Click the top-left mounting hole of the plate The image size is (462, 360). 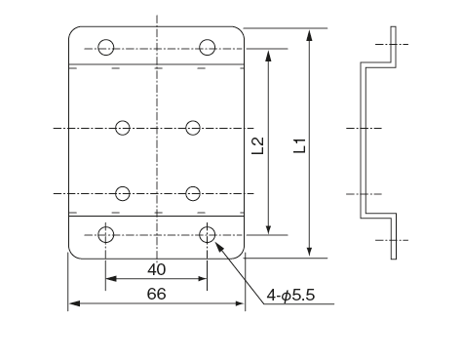pyautogui.click(x=106, y=47)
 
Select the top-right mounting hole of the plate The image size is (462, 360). pyautogui.click(x=207, y=47)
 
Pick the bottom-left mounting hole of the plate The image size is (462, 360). pyautogui.click(x=106, y=233)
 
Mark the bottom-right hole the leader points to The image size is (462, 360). pyautogui.click(x=207, y=233)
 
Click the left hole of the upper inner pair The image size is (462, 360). pyautogui.click(x=123, y=128)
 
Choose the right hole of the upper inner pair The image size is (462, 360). pyautogui.click(x=193, y=128)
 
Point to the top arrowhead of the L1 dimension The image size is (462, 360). pyautogui.click(x=309, y=33)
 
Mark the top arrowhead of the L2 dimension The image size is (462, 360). pyautogui.click(x=269, y=51)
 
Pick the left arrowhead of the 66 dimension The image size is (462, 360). pyautogui.click(x=72, y=304)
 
